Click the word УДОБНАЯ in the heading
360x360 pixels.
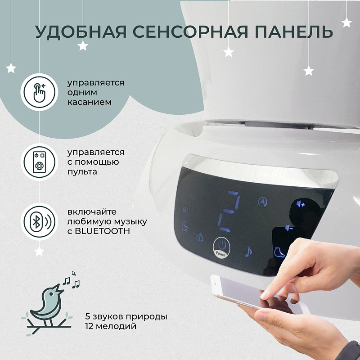81,31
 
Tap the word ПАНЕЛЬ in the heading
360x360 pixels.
294,31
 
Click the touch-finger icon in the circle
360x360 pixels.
39,92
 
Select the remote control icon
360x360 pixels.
39,162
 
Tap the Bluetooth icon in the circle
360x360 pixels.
39,221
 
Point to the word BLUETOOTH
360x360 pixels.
103,231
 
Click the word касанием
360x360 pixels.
89,102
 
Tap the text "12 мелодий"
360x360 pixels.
111,326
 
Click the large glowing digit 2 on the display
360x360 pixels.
229,211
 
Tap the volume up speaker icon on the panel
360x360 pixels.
301,204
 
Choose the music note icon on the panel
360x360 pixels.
248,251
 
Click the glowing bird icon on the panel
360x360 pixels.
279,252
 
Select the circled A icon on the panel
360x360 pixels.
263,202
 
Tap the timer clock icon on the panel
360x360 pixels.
184,226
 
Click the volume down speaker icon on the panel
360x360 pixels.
289,228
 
